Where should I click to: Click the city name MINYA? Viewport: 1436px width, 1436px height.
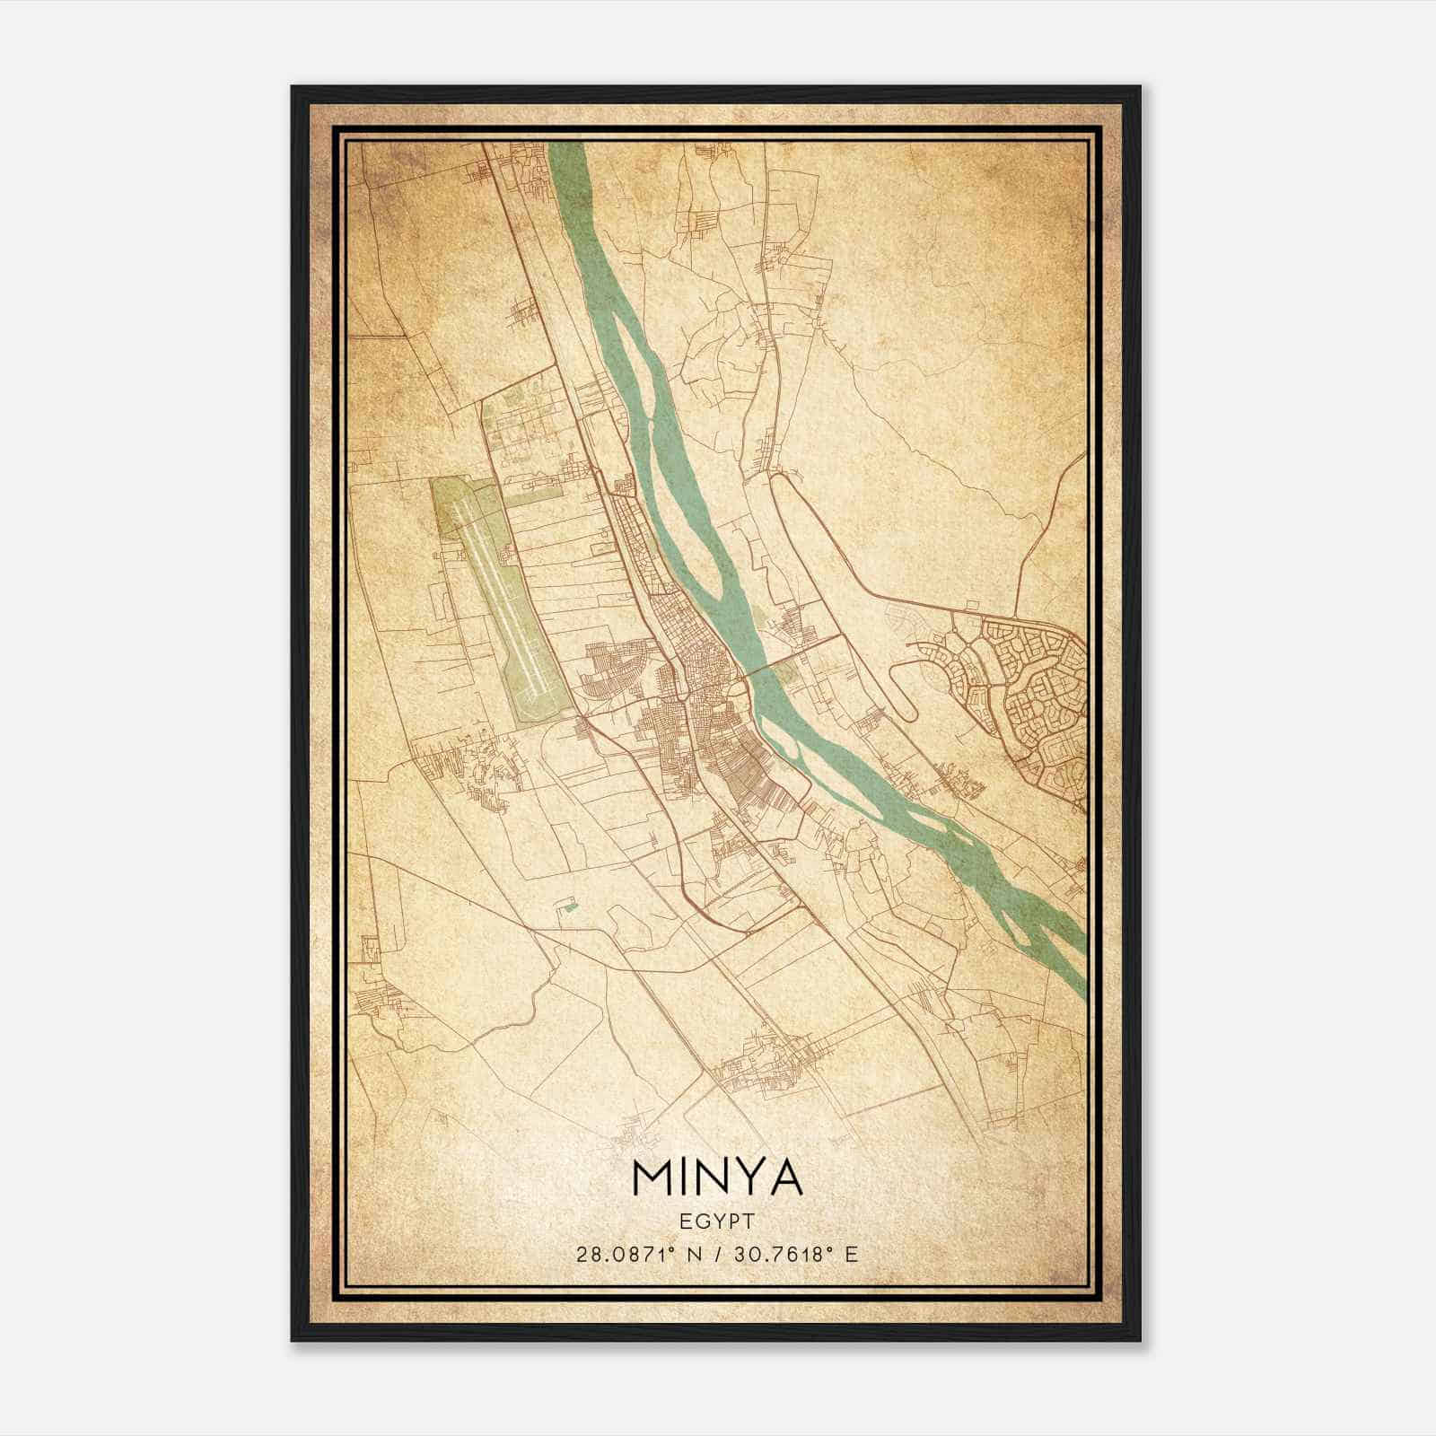pos(717,1178)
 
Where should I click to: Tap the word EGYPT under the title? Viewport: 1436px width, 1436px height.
pos(717,1221)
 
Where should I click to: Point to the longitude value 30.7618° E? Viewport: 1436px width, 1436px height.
pos(795,1254)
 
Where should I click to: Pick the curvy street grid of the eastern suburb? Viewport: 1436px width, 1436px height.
pos(1032,691)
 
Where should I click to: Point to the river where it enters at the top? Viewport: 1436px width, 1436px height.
pos(565,153)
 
